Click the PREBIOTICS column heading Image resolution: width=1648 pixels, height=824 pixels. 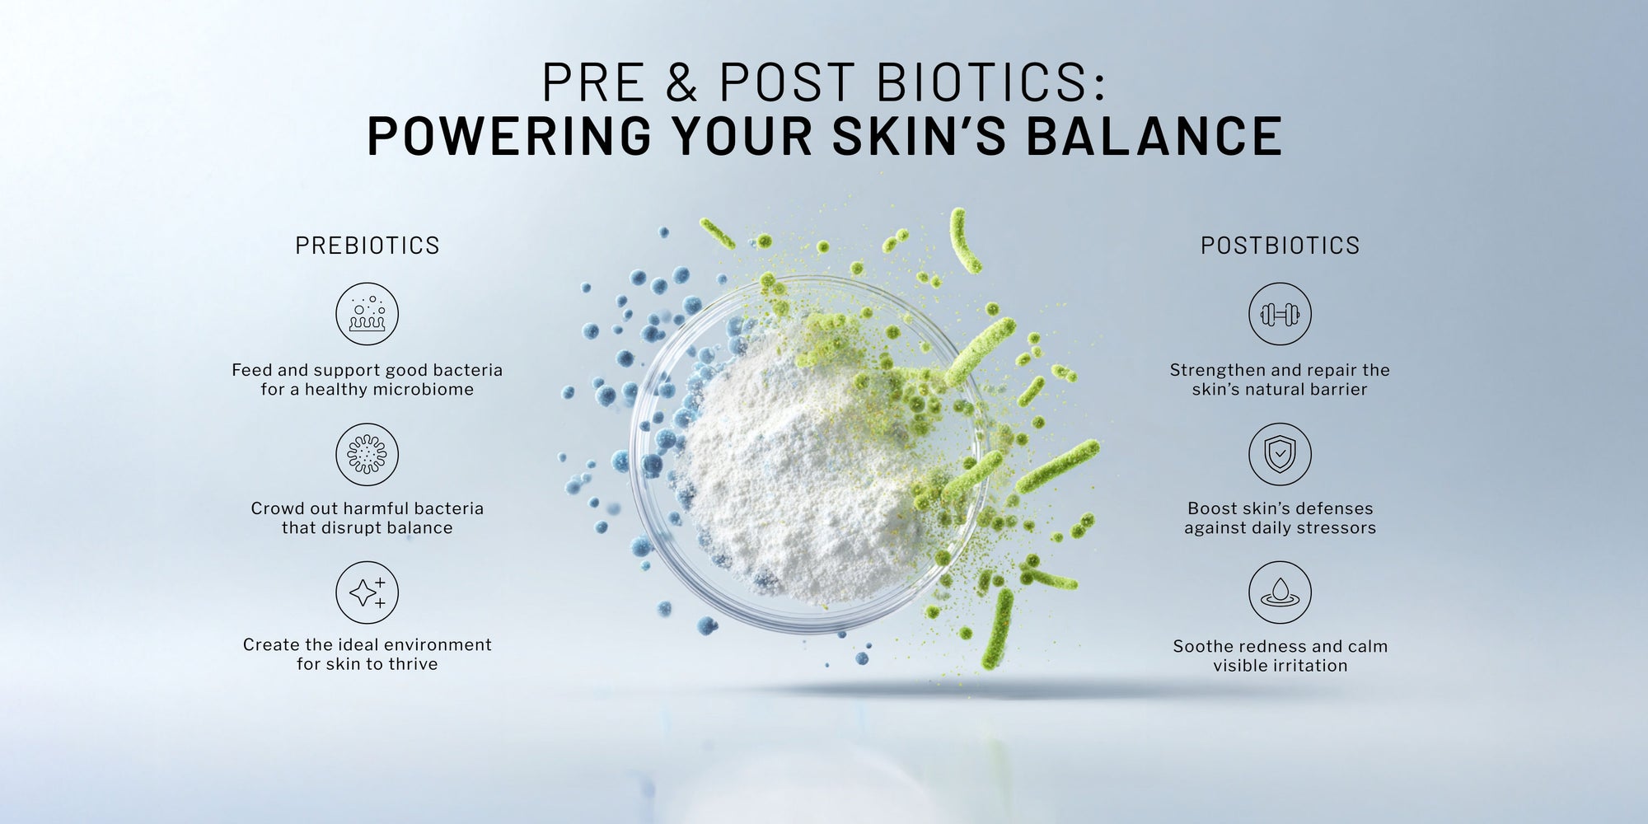click(x=368, y=246)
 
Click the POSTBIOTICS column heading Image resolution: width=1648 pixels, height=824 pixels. click(x=1280, y=246)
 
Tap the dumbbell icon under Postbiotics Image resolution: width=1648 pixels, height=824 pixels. click(x=1280, y=314)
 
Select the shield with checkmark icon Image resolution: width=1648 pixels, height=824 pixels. click(x=1280, y=454)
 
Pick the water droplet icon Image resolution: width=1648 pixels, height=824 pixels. click(x=1280, y=592)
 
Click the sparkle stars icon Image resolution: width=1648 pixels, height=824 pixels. click(x=367, y=592)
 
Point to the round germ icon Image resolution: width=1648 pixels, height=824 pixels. click(x=367, y=454)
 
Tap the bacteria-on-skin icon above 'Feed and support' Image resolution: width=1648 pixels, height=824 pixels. click(x=367, y=314)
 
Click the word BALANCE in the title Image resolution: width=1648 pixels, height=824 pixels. click(x=1154, y=136)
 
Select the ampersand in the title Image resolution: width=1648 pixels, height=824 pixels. click(x=681, y=82)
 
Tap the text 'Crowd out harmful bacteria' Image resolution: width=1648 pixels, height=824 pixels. click(x=368, y=508)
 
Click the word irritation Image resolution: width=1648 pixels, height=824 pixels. click(x=1310, y=666)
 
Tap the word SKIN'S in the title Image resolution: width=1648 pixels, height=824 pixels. click(x=919, y=136)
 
